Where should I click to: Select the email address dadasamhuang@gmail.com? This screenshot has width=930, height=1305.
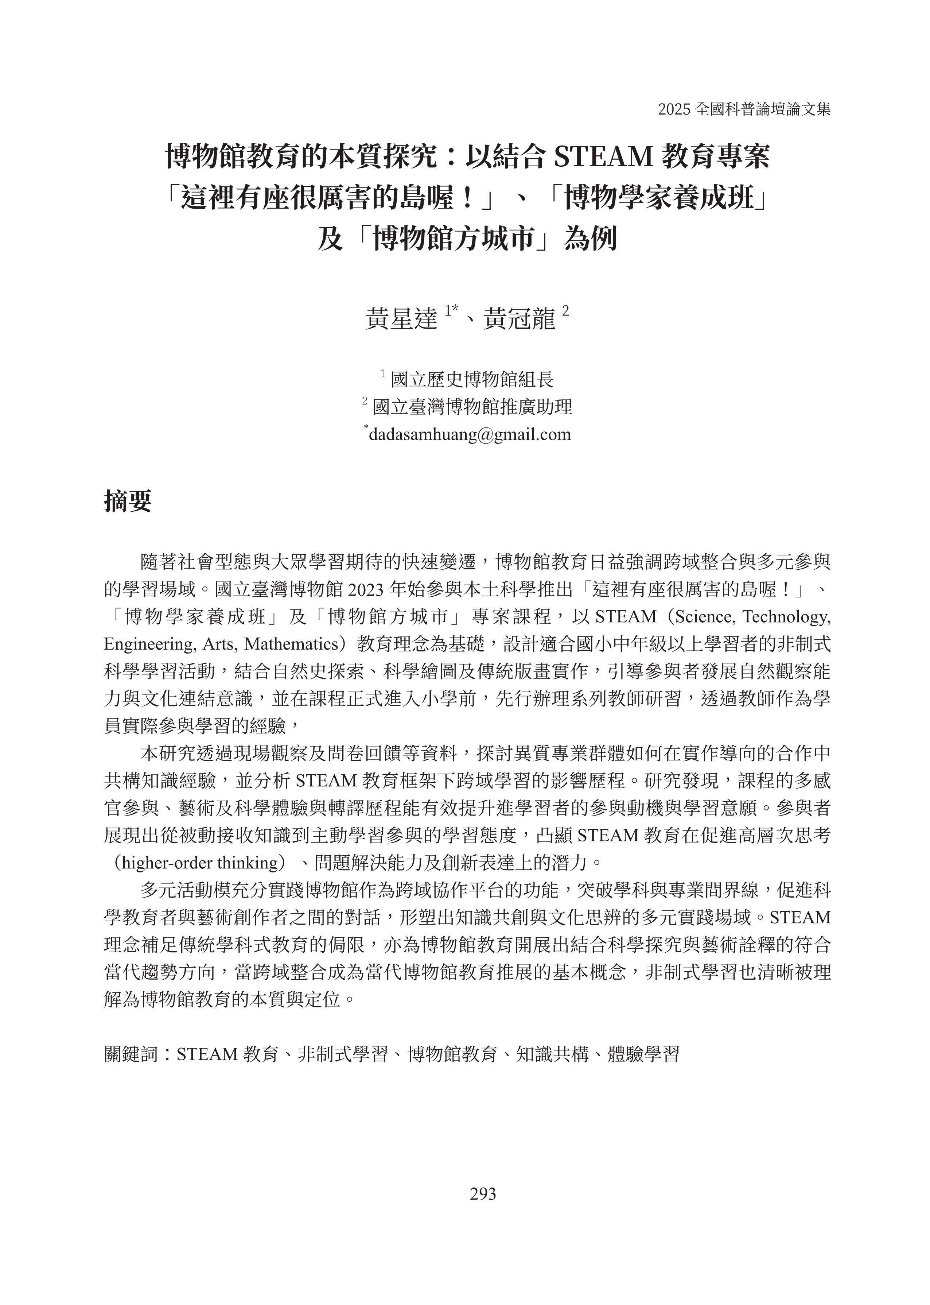470,434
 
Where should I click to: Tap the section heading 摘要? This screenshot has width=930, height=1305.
128,501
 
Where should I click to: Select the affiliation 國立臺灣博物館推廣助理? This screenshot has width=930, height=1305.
472,407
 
